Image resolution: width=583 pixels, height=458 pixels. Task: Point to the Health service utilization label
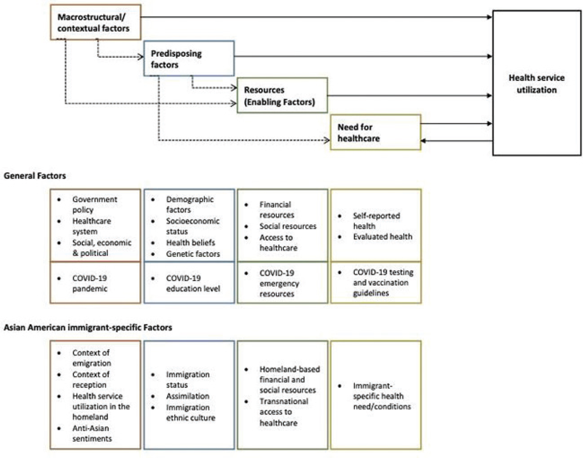[536, 84]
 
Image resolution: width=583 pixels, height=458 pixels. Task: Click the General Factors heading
[35, 176]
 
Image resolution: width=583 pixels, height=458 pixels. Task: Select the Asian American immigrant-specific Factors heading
[88, 327]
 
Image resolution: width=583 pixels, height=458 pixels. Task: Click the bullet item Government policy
[95, 204]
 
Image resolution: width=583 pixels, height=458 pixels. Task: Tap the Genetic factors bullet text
[193, 254]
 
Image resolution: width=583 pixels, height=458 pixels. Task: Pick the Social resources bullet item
[288, 226]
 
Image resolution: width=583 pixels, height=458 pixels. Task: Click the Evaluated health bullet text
[383, 237]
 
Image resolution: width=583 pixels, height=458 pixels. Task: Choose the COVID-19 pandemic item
[90, 283]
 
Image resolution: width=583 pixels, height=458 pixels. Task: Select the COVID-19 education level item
[193, 283]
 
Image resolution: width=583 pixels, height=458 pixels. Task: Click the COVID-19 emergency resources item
[279, 283]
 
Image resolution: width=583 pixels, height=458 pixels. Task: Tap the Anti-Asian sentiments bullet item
[92, 433]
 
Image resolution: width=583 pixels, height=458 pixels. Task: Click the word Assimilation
[188, 396]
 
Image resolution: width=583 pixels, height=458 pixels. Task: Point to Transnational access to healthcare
[284, 412]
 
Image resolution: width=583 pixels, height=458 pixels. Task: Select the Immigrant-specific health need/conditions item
[382, 396]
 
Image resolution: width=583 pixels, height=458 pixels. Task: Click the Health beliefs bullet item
[190, 243]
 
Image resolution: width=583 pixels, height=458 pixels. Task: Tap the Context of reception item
[91, 380]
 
